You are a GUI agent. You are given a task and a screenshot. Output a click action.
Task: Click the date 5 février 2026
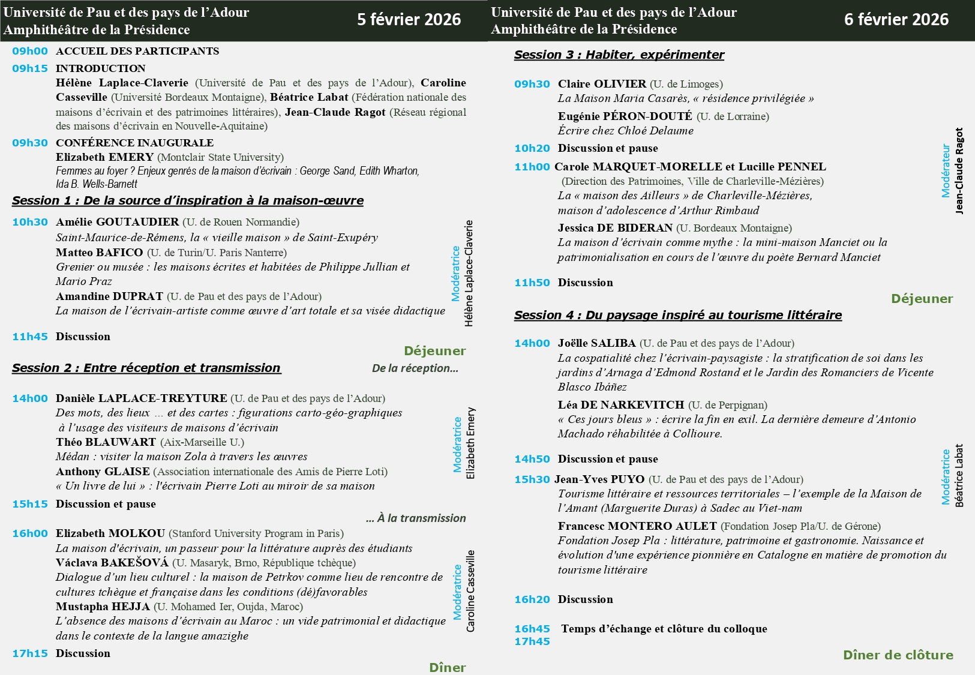coord(409,20)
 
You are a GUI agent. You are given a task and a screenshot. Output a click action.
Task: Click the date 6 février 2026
coord(896,20)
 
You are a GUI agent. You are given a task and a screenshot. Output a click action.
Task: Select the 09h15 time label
coord(30,68)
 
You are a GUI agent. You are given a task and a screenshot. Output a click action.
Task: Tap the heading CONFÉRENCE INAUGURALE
coord(134,143)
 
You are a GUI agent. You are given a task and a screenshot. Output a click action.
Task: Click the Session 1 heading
coord(188,200)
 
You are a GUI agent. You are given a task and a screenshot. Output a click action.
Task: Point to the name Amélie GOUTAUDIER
coord(117,222)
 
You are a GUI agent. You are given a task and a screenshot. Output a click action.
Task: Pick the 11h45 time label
coord(30,337)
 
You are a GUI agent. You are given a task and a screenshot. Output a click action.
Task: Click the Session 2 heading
coord(146,368)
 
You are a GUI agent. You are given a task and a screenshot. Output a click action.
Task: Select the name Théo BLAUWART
coord(106,442)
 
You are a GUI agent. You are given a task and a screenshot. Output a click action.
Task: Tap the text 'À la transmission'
coord(416,518)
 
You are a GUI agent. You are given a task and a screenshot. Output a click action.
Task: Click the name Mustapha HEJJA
coord(103,607)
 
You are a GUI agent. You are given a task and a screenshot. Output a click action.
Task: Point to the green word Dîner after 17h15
coord(447,667)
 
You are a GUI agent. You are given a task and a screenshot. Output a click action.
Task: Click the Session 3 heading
coord(619,55)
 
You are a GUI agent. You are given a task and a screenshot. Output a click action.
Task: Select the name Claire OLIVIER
coord(602,84)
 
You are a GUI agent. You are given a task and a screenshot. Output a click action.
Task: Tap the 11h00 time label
coord(532,167)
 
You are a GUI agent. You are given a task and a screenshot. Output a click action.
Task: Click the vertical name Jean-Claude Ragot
coord(959,171)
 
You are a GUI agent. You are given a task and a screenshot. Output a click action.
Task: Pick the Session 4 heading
coord(678,315)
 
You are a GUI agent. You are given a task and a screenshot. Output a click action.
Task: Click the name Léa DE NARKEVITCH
coord(621,405)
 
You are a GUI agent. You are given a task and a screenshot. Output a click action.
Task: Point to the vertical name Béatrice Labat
coord(959,476)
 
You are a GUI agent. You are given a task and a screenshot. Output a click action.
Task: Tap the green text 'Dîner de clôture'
coord(898,655)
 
